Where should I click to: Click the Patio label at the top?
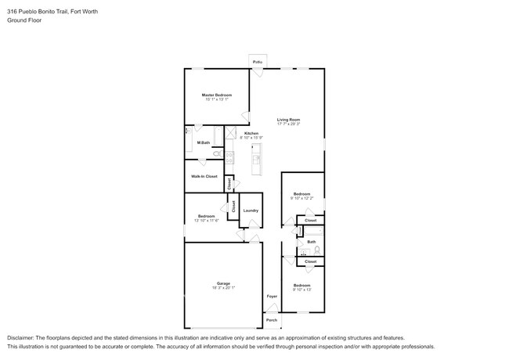coord(257,61)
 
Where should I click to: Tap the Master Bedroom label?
coord(217,95)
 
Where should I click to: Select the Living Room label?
coord(288,119)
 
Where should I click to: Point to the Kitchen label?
coord(251,133)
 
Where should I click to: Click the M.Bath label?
coord(202,142)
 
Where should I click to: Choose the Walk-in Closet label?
coord(204,176)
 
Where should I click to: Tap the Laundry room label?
coord(251,210)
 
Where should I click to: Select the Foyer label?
coord(272,297)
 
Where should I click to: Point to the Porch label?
coord(272,320)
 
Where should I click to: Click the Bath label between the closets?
coord(311,242)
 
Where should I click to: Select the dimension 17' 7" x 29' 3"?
coord(288,124)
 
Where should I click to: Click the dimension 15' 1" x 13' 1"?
coord(217,99)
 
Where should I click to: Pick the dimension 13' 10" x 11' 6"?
coord(206,221)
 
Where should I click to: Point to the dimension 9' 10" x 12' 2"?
coord(302,198)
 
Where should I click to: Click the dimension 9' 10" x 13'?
coord(302,290)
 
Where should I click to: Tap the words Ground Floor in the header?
coord(25,20)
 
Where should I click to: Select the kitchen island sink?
coord(257,161)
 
